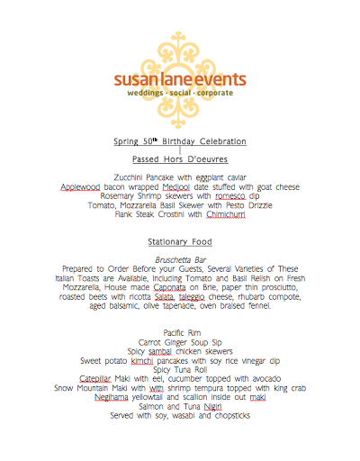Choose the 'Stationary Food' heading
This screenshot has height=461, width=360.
pyautogui.click(x=180, y=242)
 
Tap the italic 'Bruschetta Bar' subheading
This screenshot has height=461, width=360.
pyautogui.click(x=181, y=259)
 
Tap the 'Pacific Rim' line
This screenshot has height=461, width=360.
pyautogui.click(x=181, y=333)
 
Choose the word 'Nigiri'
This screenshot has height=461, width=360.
pyautogui.click(x=212, y=407)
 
